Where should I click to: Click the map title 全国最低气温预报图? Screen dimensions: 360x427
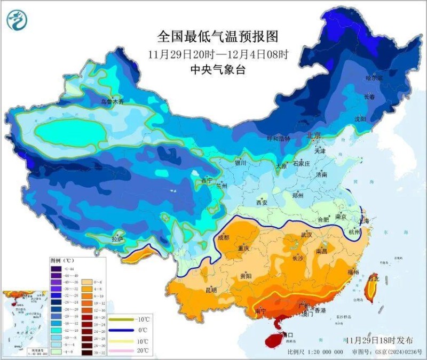click(217, 36)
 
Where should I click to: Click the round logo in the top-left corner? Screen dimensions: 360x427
click(17, 20)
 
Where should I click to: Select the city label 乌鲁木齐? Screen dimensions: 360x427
click(112, 101)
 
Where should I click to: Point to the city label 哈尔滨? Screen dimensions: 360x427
click(375, 78)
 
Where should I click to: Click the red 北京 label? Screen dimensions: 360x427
click(313, 135)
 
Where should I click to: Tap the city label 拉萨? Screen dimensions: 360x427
click(117, 239)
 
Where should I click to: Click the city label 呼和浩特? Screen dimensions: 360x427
click(278, 139)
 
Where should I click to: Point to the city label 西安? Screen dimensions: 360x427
click(262, 203)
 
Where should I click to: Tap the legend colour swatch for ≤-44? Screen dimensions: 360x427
click(56, 269)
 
